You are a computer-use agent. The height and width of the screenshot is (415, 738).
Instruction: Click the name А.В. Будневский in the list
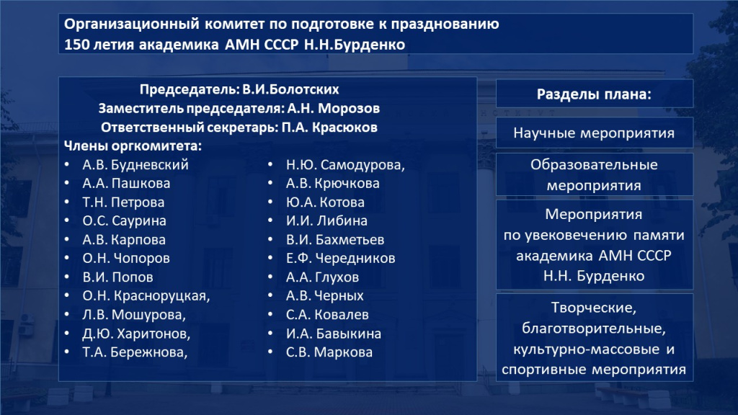click(x=135, y=164)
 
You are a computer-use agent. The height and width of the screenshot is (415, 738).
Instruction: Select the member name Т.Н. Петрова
click(x=123, y=202)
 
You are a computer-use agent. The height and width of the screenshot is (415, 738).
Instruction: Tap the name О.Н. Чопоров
click(x=126, y=258)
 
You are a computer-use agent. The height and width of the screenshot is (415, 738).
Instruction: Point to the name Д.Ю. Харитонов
click(x=136, y=333)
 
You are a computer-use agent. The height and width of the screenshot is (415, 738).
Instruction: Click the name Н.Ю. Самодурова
click(x=345, y=164)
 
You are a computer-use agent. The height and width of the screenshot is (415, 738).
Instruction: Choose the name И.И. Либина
click(x=326, y=220)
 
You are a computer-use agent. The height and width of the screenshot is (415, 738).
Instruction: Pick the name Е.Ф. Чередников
click(x=340, y=258)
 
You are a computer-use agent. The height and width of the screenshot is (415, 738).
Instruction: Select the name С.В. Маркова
click(x=329, y=352)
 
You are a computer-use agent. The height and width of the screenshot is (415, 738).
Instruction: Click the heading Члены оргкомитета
click(x=133, y=146)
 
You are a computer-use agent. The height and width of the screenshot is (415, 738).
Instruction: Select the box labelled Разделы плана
click(x=595, y=94)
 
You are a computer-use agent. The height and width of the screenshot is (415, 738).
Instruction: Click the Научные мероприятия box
click(x=595, y=133)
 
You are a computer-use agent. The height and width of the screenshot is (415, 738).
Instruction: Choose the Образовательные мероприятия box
click(x=595, y=174)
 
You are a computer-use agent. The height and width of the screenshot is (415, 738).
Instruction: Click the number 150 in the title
click(x=76, y=44)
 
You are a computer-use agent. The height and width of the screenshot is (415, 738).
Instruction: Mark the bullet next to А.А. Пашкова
click(x=66, y=184)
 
